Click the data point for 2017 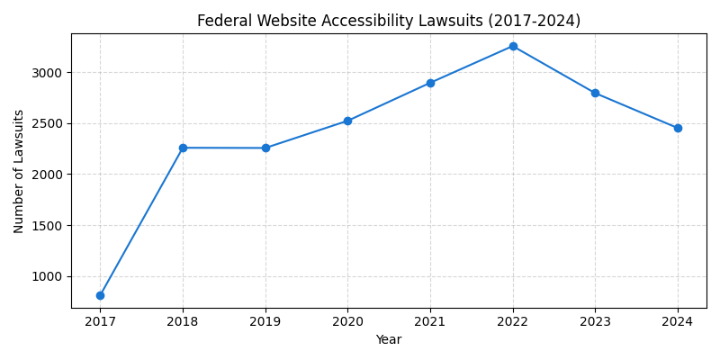pyautogui.click(x=100, y=295)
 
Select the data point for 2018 pyautogui.click(x=183, y=148)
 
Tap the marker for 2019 pyautogui.click(x=265, y=148)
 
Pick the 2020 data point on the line pyautogui.click(x=347, y=121)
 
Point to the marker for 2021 pyautogui.click(x=430, y=83)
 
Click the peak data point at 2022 pyautogui.click(x=513, y=46)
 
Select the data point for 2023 pyautogui.click(x=595, y=93)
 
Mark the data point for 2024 pyautogui.click(x=678, y=128)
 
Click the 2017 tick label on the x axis pyautogui.click(x=100, y=321)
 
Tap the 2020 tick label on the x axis pyautogui.click(x=347, y=321)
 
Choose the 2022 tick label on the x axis pyautogui.click(x=513, y=321)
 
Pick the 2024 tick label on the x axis pyautogui.click(x=678, y=321)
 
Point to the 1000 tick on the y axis pyautogui.click(x=49, y=276)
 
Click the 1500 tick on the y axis pyautogui.click(x=49, y=225)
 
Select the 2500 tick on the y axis pyautogui.click(x=49, y=123)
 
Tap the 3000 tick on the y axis pyautogui.click(x=49, y=72)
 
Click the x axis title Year pyautogui.click(x=389, y=340)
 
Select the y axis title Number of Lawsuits pyautogui.click(x=19, y=171)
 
